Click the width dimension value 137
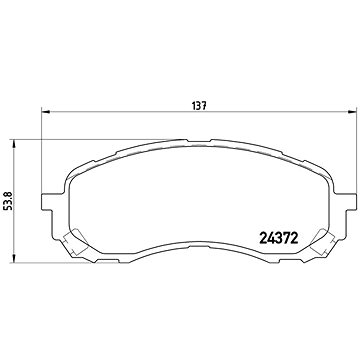click(200, 106)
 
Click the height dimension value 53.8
click(8, 201)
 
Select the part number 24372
click(278, 238)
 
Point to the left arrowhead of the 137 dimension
click(45, 112)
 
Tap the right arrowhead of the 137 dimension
click(352, 112)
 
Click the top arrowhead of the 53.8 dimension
click(14, 144)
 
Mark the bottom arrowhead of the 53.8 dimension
click(14, 258)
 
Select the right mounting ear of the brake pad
click(345, 202)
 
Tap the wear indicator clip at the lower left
click(75, 242)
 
